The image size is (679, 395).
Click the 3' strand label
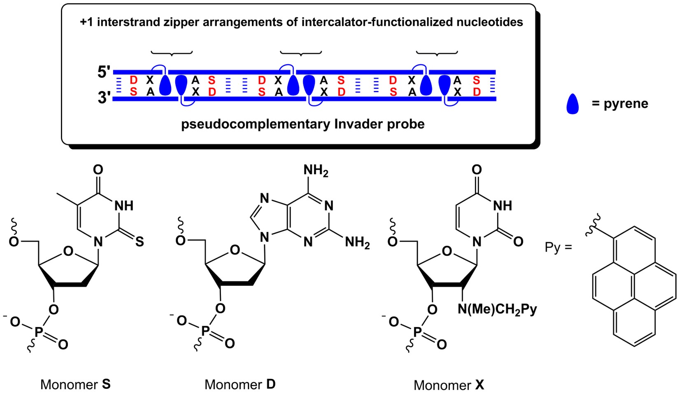[104, 98]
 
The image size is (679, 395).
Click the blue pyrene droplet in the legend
[572, 104]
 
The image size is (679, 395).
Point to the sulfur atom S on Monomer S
[140, 241]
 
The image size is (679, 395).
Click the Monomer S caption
[75, 384]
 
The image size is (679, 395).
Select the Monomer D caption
[240, 384]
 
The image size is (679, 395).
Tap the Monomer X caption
[449, 385]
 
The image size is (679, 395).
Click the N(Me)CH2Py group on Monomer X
[497, 309]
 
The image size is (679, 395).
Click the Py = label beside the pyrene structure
[558, 248]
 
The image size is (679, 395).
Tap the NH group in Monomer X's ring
[502, 206]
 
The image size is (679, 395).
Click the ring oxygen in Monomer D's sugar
[235, 250]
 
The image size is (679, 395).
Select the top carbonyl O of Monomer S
[98, 170]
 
